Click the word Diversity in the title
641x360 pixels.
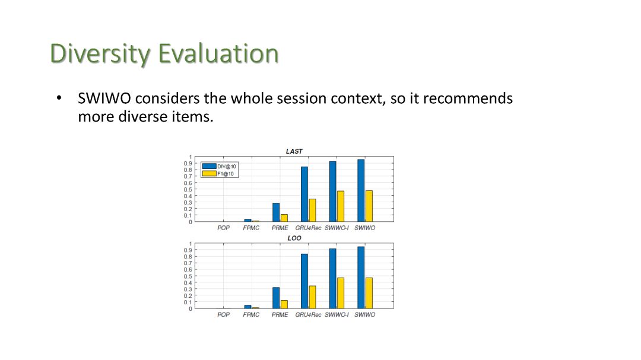pos(100,53)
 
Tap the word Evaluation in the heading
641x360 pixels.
pos(218,53)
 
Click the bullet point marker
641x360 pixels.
pos(59,98)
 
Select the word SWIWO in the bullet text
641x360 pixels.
pos(104,98)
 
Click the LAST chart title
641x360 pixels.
pos(294,151)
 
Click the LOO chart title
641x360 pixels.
pos(294,238)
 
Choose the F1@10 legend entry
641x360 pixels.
pos(218,174)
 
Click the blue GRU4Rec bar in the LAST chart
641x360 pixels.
pos(304,194)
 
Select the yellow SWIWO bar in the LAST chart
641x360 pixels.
pos(369,206)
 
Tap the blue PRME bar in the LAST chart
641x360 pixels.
pos(276,212)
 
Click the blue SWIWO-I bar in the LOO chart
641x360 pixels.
pos(333,279)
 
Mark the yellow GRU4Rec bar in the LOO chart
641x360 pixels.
pos(312,297)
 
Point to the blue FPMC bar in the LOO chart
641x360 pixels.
pos(247,307)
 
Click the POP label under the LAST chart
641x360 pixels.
pos(224,228)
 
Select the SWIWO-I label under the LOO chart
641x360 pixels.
pos(337,315)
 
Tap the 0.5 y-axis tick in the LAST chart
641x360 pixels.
pos(188,190)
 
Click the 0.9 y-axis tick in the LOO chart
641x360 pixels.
pos(188,250)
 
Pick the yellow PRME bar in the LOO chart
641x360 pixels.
pos(284,304)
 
